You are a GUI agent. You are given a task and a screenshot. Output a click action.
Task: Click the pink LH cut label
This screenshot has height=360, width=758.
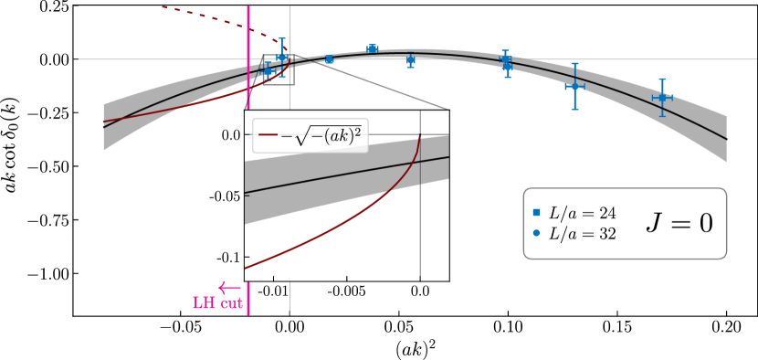pos(217,303)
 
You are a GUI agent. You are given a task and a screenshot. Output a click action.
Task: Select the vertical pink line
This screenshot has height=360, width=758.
pos(248,183)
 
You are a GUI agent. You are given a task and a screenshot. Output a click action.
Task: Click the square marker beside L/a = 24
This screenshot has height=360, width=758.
pos(536,213)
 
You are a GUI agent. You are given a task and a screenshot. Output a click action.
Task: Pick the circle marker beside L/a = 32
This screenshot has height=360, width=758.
pos(536,234)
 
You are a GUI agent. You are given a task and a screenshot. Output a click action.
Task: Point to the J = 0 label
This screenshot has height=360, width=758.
pos(679,223)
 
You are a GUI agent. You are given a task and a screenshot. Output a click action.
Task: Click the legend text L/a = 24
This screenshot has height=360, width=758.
pos(583,213)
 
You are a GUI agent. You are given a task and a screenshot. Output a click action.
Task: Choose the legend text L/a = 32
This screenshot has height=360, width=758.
pos(583,234)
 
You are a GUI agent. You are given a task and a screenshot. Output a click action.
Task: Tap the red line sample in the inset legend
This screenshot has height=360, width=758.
pos(268,135)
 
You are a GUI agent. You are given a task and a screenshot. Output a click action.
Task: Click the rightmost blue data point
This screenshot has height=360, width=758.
pos(661,97)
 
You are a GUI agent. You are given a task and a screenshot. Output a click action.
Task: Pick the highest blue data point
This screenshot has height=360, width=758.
pos(372,48)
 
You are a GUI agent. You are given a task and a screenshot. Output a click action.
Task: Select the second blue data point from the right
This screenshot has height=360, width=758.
pos(574,86)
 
